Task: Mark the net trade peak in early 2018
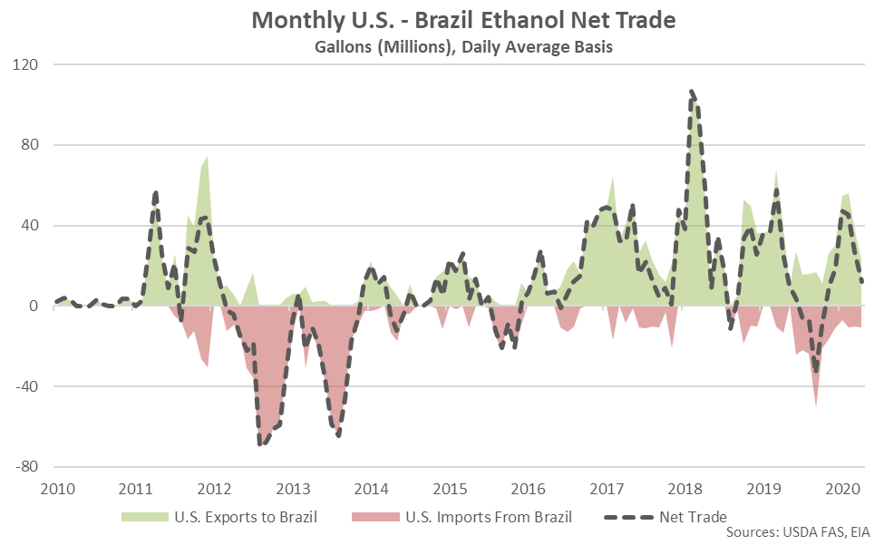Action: (x=692, y=92)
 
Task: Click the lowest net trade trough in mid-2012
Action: (x=260, y=443)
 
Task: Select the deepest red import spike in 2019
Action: (x=816, y=406)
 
